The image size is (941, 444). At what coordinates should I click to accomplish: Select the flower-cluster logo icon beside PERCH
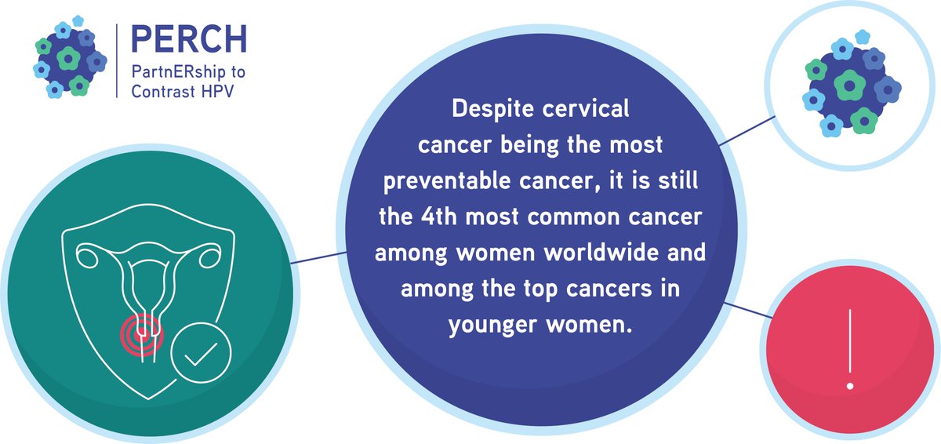pos(70,56)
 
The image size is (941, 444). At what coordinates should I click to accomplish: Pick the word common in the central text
pos(578,217)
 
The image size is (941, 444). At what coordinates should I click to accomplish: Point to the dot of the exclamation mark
pos(849,385)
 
